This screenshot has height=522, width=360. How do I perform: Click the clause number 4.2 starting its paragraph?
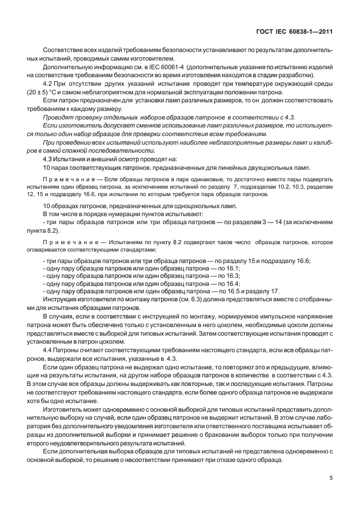(49, 83)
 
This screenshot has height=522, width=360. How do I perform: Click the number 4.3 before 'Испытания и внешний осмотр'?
(49, 158)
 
